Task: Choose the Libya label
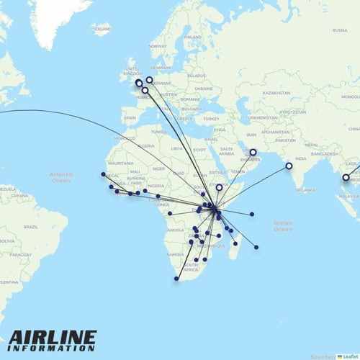pyautogui.click(x=178, y=148)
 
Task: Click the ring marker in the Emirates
pyautogui.click(x=253, y=152)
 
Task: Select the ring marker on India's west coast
pyautogui.click(x=289, y=166)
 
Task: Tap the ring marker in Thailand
pyautogui.click(x=346, y=177)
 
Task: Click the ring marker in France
pyautogui.click(x=145, y=91)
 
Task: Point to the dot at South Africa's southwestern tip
pyautogui.click(x=176, y=279)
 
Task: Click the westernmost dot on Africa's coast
pyautogui.click(x=103, y=174)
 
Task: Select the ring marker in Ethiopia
pyautogui.click(x=220, y=188)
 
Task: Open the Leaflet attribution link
pyautogui.click(x=350, y=356)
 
